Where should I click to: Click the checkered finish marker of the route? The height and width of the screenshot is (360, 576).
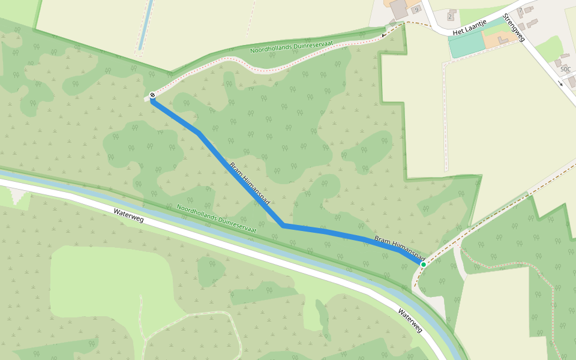[x=153, y=95]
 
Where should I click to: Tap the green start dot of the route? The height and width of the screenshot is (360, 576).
[x=423, y=264]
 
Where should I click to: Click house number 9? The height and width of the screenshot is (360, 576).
[x=416, y=10]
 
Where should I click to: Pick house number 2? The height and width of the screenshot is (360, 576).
[x=449, y=16]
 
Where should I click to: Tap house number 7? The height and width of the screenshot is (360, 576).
[x=521, y=11]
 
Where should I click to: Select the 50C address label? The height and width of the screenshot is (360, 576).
[x=565, y=70]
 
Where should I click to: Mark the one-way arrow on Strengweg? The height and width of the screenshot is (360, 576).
[x=560, y=83]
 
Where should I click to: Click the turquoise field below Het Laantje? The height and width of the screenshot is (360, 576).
[x=466, y=44]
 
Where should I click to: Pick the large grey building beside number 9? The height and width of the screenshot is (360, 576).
[x=398, y=8]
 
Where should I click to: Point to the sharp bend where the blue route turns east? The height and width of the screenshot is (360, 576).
[x=283, y=226]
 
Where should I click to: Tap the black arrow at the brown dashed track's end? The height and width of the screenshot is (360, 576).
[x=385, y=35]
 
